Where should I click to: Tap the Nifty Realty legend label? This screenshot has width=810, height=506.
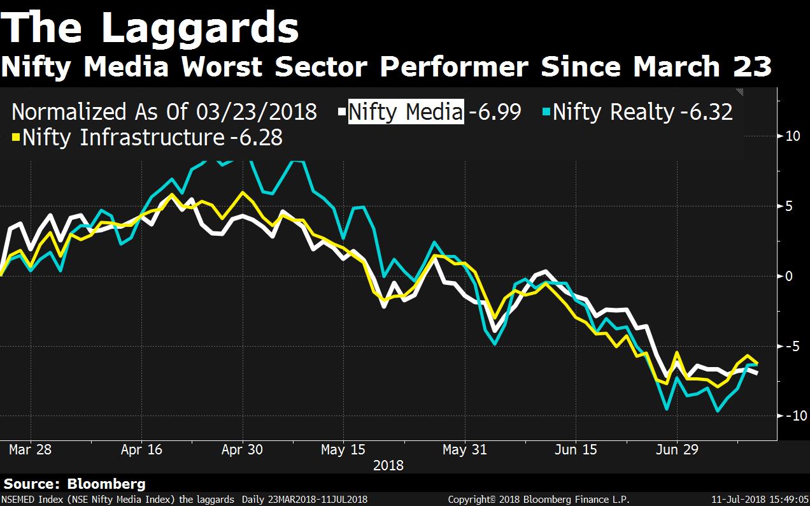point(613,112)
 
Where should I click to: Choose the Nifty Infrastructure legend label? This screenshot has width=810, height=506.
point(123,138)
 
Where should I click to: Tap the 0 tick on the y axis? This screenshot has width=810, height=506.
point(790,276)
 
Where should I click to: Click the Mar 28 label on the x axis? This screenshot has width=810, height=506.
point(30,449)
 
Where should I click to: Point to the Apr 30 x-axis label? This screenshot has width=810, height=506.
point(242,449)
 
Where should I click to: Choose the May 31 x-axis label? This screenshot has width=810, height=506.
point(465,449)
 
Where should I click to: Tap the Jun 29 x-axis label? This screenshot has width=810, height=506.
point(676,449)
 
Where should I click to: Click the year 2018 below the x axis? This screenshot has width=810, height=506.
point(388,465)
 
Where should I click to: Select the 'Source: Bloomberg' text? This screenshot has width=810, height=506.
point(75,484)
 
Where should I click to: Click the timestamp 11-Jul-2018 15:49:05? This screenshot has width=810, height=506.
point(760,500)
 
